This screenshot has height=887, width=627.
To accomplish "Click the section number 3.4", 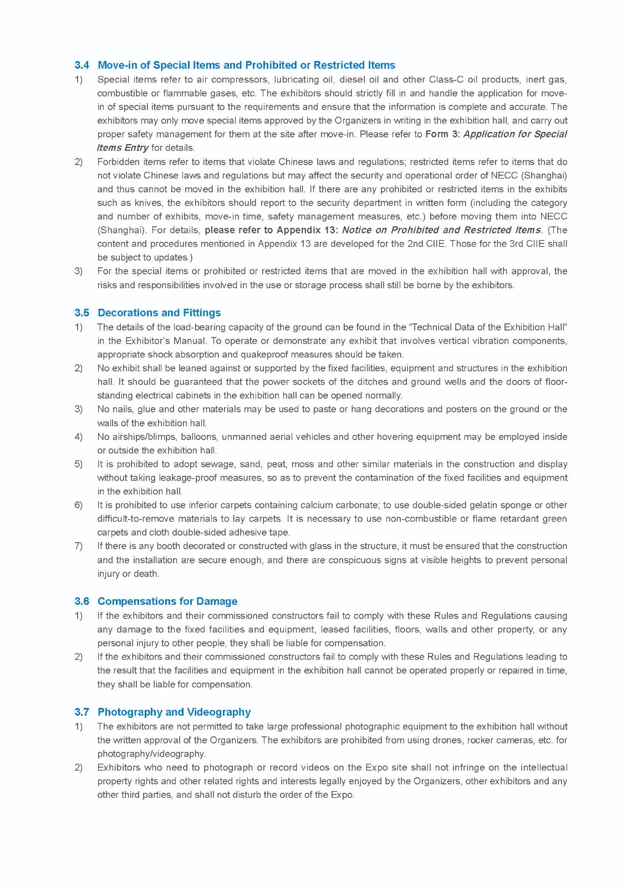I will click(x=81, y=65).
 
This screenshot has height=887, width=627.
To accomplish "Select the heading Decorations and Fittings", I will click(x=159, y=313).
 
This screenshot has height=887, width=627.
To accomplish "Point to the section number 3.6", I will click(x=81, y=601).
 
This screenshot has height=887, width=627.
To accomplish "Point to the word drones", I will click(x=448, y=740).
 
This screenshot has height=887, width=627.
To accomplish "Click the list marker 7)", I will click(x=78, y=546).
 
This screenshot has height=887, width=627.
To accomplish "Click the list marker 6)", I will click(x=78, y=505).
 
